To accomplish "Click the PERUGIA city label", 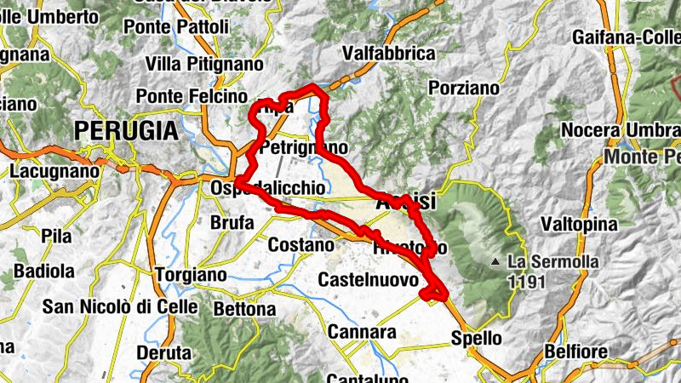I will [x=126, y=131].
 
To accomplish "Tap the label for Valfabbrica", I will [x=388, y=54].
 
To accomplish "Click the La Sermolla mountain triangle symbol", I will [x=496, y=262].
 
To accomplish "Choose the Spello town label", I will [x=476, y=338].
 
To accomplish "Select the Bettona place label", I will [x=243, y=308].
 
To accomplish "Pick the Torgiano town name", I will [x=191, y=275].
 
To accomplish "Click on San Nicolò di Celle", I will [x=121, y=306].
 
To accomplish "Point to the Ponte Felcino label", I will [x=192, y=96].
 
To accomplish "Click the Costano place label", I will [x=300, y=245].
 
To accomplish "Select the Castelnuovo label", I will [x=368, y=280].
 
